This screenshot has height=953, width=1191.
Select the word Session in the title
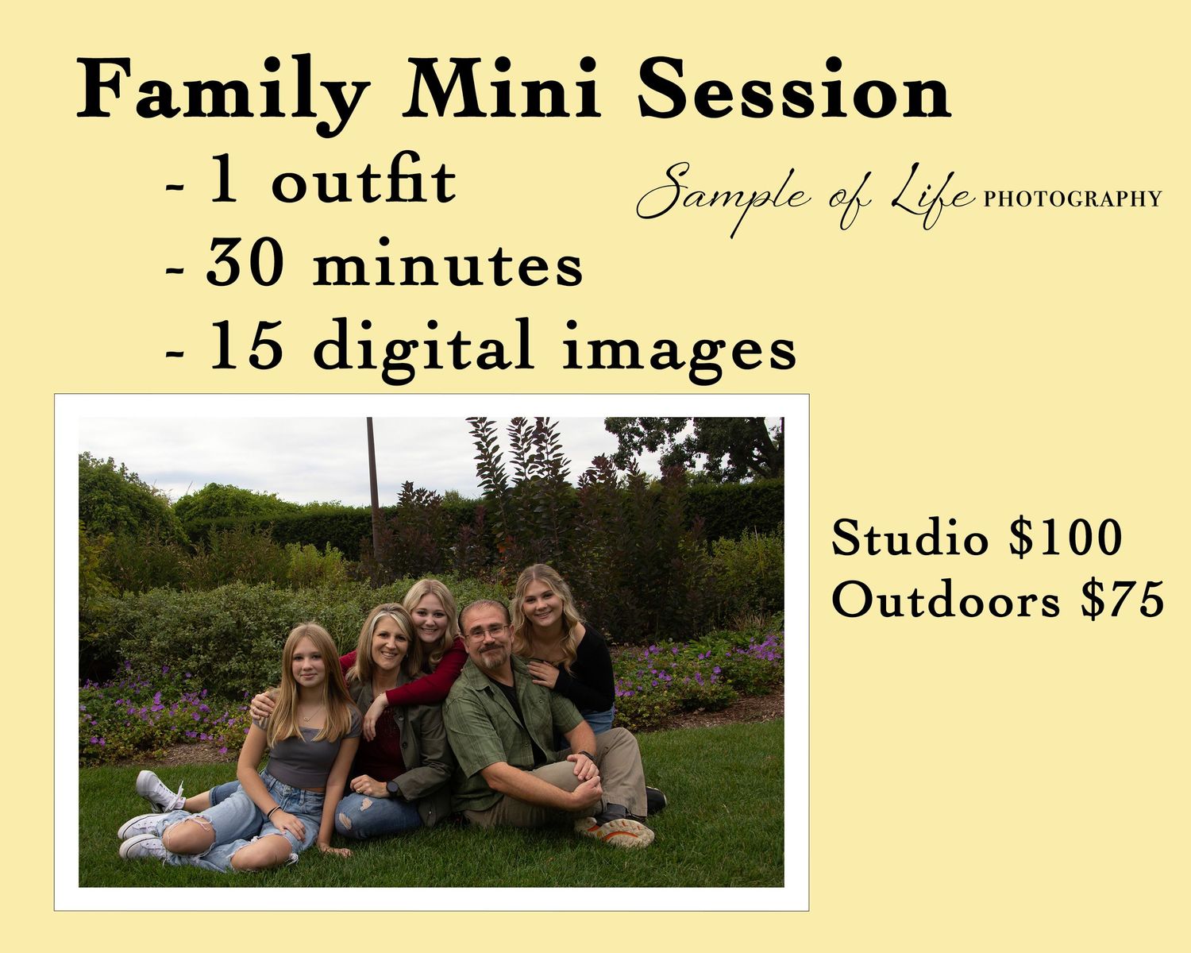tap(795, 88)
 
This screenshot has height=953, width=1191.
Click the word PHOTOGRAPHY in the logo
tap(1072, 199)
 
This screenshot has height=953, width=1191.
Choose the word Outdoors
tap(946, 599)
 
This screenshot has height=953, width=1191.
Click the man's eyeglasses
tap(487, 632)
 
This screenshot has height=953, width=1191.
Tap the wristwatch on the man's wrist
tap(587, 756)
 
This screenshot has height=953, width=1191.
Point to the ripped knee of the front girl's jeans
tap(188, 830)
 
